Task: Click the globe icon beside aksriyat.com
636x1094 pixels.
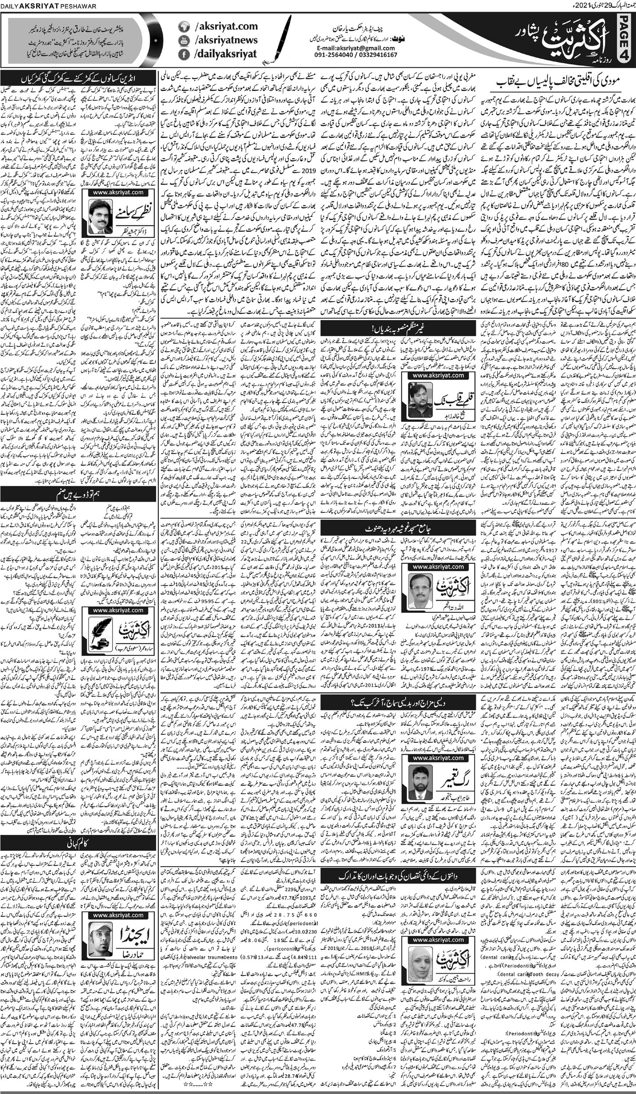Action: coord(184,27)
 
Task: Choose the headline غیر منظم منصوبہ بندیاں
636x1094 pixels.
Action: coord(371,327)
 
